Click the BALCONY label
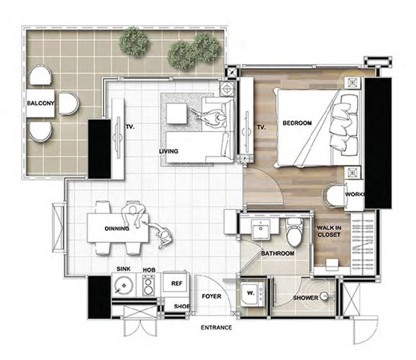40,103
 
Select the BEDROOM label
297,123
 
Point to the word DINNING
116,228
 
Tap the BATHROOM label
277,253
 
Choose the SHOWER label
306,298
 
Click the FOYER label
211,296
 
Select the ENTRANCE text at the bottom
216,327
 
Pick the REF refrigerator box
176,283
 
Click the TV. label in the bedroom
262,127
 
